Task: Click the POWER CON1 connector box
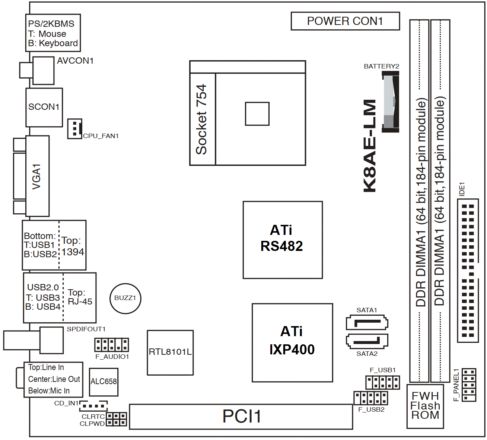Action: pos(345,21)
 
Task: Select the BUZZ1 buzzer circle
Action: pos(125,298)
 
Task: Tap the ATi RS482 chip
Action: pos(283,240)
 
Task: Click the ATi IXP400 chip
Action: pos(292,342)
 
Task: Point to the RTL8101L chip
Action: pos(170,352)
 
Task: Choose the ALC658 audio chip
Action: pos(104,382)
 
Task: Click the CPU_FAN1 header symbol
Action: pos(74,129)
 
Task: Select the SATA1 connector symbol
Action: pos(367,323)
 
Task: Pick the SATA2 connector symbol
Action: pos(367,341)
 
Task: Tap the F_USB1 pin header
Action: pos(382,382)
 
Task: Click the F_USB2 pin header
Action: pos(371,398)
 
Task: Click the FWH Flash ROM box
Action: pos(425,406)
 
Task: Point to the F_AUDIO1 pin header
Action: pos(111,345)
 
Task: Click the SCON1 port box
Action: pos(44,107)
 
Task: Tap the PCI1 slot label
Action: pos(242,416)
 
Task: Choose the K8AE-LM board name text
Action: pos(370,146)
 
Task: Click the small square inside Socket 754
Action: pos(257,114)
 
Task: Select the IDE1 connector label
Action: pos(462,189)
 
